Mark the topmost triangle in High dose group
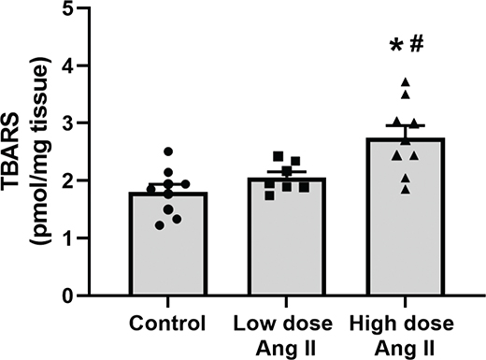pyautogui.click(x=405, y=83)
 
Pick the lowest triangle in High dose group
pyautogui.click(x=405, y=189)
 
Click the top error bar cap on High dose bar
pyautogui.click(x=405, y=126)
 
